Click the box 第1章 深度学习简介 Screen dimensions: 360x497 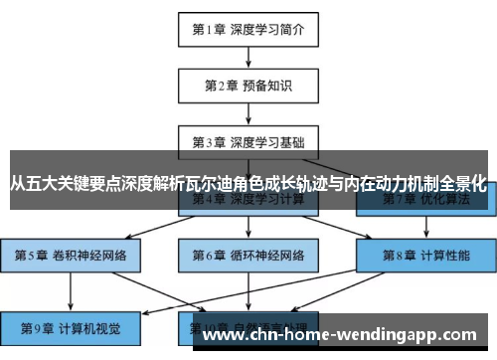[248, 29]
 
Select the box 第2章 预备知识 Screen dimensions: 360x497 [248, 84]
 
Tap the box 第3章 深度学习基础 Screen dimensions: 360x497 [248, 140]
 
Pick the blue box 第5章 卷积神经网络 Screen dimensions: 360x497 [70, 255]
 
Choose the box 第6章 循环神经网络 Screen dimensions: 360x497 [248, 255]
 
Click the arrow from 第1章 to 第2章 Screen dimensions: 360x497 [248, 56]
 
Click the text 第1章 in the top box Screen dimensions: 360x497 [210, 29]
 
